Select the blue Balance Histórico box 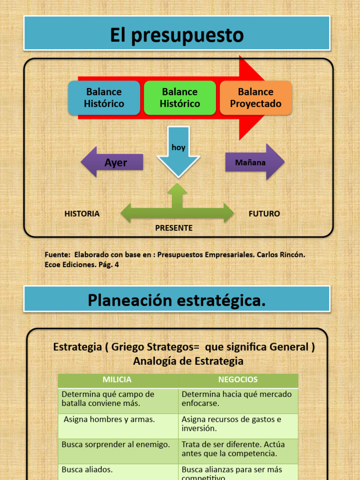click(104, 98)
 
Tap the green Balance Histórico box click(180, 98)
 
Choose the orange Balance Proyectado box click(255, 98)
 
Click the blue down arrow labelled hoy click(178, 152)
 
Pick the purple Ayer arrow click(112, 163)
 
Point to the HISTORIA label click(82, 214)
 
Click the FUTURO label click(264, 214)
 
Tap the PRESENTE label click(174, 228)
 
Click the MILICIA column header click(117, 380)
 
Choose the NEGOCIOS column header click(238, 380)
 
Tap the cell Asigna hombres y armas click(109, 420)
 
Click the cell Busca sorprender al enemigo click(116, 444)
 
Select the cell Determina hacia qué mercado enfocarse click(237, 398)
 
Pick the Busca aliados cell click(87, 469)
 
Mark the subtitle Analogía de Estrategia click(188, 361)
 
